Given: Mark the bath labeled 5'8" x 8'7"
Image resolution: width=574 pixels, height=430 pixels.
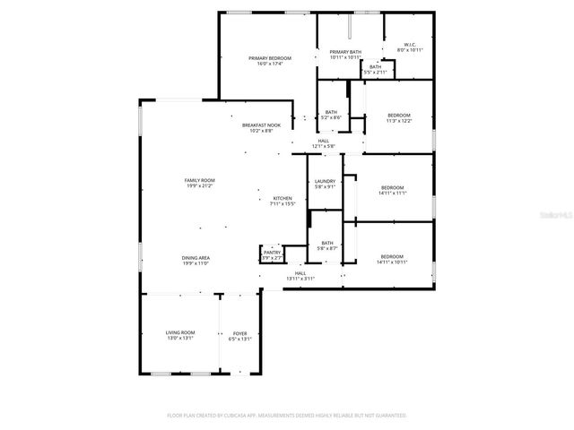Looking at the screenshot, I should tap(327, 245).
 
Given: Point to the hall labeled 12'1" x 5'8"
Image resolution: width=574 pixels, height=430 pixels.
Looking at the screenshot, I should tap(323, 143).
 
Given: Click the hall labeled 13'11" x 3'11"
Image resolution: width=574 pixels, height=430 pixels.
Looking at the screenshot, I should tap(300, 275).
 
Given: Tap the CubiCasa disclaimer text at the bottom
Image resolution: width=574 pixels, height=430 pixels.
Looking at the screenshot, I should tap(287, 416).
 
